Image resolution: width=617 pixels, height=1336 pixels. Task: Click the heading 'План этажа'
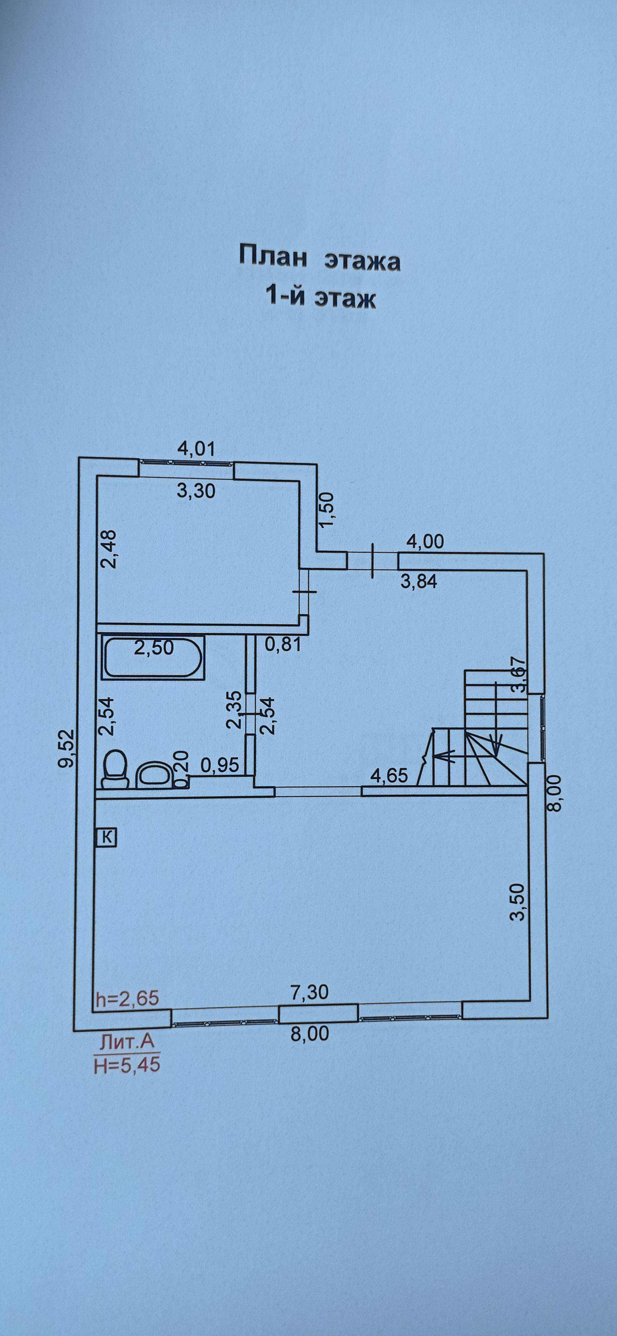click(x=319, y=258)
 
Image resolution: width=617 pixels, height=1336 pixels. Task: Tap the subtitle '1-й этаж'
click(x=320, y=297)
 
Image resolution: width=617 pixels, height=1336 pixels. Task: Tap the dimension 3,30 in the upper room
click(x=195, y=490)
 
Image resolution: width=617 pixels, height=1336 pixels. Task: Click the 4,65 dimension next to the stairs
click(x=389, y=776)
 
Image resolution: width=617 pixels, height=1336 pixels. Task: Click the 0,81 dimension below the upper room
click(x=283, y=644)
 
